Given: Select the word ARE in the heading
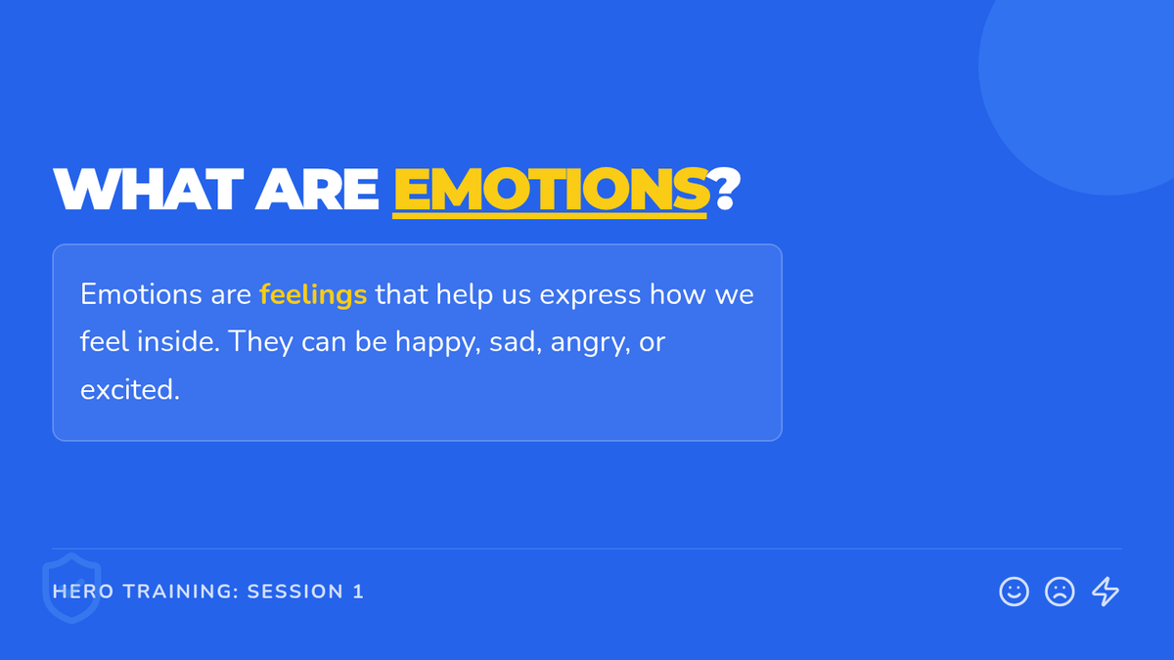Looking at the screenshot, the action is pyautogui.click(x=317, y=189).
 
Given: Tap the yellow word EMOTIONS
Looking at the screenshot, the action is pyautogui.click(x=551, y=189).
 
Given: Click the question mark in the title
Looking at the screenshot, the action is pyautogui.click(x=724, y=189).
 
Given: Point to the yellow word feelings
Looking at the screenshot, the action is pyautogui.click(x=313, y=295).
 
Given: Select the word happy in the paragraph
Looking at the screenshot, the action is pyautogui.click(x=437, y=343).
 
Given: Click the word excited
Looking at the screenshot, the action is pyautogui.click(x=129, y=390).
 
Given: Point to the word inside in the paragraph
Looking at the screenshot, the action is pyautogui.click(x=178, y=342).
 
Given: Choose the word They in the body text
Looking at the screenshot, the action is pyautogui.click(x=260, y=343).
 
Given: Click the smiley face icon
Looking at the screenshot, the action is pyautogui.click(x=1014, y=592).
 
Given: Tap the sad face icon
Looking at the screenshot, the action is pyautogui.click(x=1060, y=592).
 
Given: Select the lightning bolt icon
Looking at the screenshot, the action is pyautogui.click(x=1106, y=592).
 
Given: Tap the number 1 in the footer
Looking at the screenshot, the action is pyautogui.click(x=358, y=592).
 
